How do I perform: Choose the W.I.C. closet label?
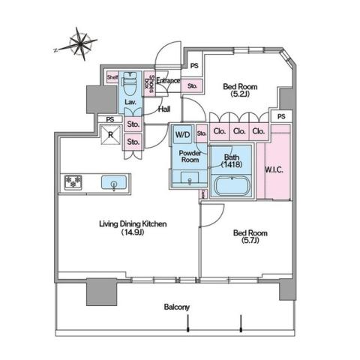pos(274,169)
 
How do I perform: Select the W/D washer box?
pos(182,134)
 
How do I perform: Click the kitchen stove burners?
pos(73,181)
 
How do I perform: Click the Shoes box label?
pos(151,85)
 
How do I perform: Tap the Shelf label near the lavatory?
pos(112,77)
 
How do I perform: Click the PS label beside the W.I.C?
pos(280,117)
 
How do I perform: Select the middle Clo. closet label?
pos(238,132)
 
